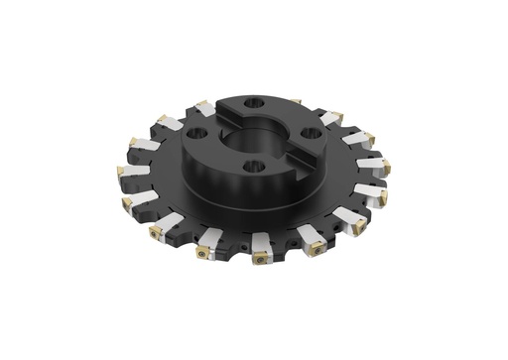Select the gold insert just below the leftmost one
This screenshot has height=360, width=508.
[127, 203]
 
